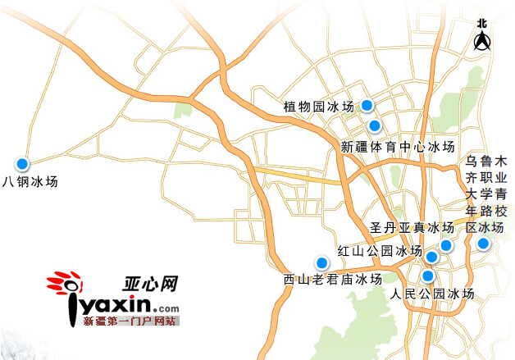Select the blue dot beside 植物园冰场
coord(368,105)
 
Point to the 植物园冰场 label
coord(318,107)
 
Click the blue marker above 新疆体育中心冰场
coord(375,125)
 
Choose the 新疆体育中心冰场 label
coord(397,148)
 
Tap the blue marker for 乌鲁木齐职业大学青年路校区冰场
coord(483,244)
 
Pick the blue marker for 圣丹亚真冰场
coord(446,245)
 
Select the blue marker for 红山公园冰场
coord(432,257)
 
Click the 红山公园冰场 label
coord(380,251)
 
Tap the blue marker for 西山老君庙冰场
coord(321,262)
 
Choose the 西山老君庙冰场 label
coord(332,280)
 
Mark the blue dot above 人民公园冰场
coord(428,276)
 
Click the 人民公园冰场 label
coord(432,294)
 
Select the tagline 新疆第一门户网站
coord(130,321)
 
